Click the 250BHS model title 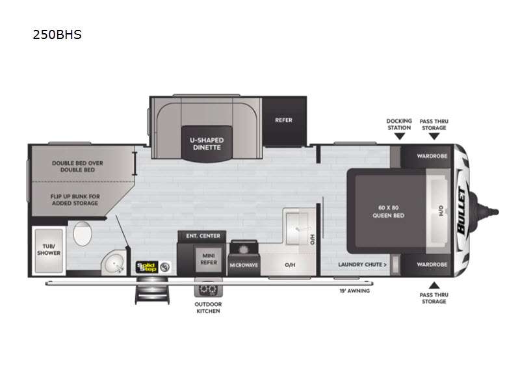57,34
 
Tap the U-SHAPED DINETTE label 207,144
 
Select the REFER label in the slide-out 283,120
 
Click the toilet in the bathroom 83,233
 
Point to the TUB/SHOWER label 49,250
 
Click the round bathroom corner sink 114,263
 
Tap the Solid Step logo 146,267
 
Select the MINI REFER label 209,259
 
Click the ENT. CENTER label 203,236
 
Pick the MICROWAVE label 244,265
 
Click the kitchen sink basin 297,229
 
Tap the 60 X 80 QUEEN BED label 388,212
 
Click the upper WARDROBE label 432,156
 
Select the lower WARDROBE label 432,265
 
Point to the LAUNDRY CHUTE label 362,265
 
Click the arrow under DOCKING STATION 400,136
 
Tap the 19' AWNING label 354,291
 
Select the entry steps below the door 152,291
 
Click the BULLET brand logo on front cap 462,210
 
